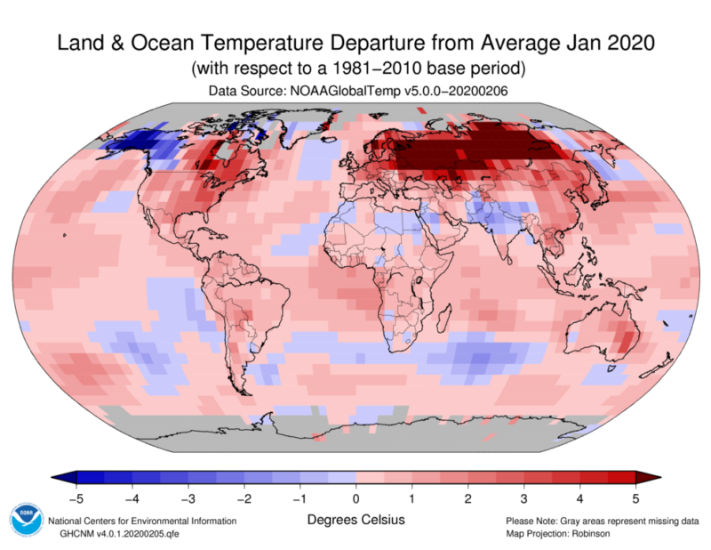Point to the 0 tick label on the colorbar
point(356,497)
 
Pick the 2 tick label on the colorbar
point(468,497)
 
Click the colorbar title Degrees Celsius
point(355,519)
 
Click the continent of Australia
point(613,334)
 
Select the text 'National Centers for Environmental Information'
point(142,521)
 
